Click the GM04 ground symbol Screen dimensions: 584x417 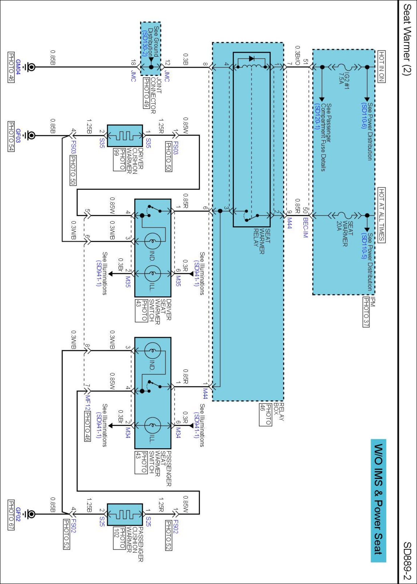tap(30, 67)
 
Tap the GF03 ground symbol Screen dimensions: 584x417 tap(30, 135)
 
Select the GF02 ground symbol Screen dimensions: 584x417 tap(30, 514)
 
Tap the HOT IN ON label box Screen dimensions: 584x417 tap(381, 66)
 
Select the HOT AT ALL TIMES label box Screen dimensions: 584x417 tap(381, 215)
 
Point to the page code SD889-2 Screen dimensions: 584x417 tap(407, 561)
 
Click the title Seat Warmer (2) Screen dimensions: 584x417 tap(407, 39)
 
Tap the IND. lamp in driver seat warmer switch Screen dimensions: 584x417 tap(152, 241)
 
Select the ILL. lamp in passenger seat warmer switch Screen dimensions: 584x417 tap(152, 425)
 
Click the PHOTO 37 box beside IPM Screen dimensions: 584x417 tap(366, 312)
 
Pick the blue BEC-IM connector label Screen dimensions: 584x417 tap(305, 227)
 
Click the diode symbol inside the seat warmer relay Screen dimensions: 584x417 tap(251, 59)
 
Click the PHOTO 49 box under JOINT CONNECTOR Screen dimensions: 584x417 tap(146, 93)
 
